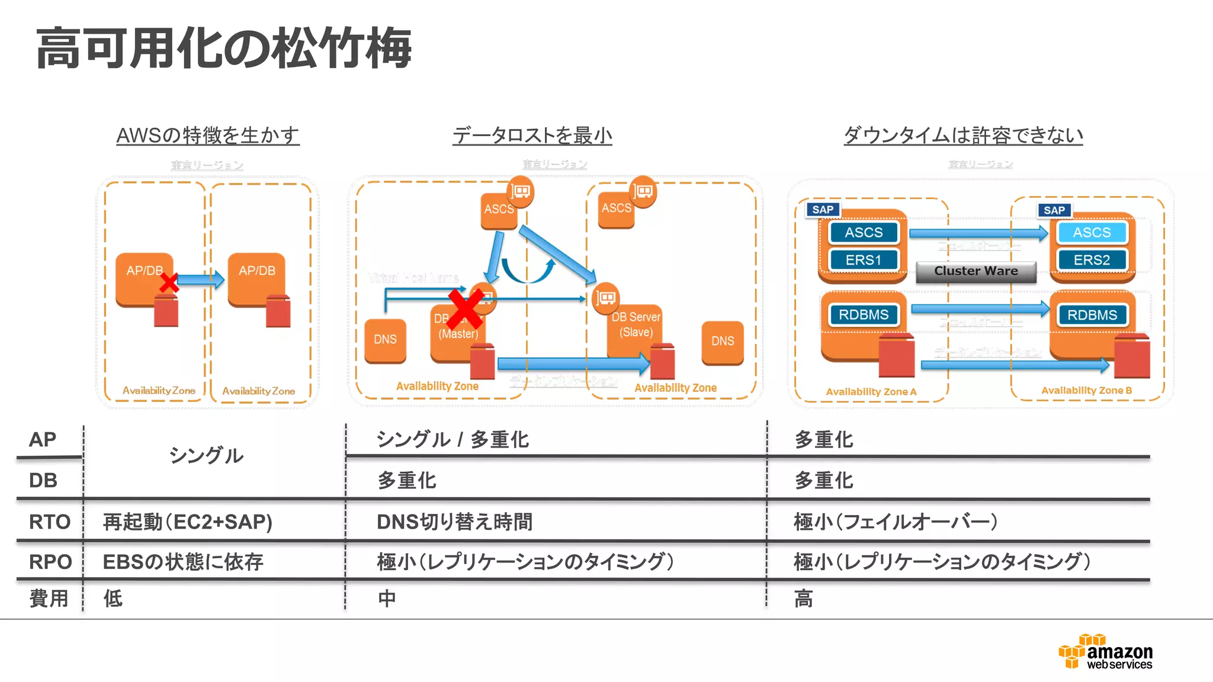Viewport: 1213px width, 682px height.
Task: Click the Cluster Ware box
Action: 975,271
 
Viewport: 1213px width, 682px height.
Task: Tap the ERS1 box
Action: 863,260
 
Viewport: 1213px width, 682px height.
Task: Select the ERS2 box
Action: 1092,260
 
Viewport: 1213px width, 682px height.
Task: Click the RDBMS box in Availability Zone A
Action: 863,315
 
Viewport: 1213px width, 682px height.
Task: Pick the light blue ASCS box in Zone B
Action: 1092,233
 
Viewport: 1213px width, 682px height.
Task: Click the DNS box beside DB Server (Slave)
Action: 722,342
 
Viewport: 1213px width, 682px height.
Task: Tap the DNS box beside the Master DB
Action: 385,340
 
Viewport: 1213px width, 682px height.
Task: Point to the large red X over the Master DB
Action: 466,308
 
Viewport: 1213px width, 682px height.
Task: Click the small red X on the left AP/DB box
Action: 169,283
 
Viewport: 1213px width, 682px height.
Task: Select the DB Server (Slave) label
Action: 636,324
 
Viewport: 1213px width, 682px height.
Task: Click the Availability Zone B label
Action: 1086,391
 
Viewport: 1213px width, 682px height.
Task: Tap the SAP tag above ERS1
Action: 822,210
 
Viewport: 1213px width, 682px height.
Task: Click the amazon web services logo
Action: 1106,652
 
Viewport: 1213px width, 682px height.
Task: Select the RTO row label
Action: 50,522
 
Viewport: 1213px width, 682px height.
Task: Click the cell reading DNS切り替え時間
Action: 454,522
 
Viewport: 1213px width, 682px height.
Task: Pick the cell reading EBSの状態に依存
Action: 182,562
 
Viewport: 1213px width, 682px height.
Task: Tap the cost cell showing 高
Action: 803,599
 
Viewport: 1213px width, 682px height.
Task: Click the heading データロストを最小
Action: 532,136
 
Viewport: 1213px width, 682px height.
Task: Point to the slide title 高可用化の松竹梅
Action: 223,49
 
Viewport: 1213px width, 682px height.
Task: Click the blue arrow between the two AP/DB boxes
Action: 200,279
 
